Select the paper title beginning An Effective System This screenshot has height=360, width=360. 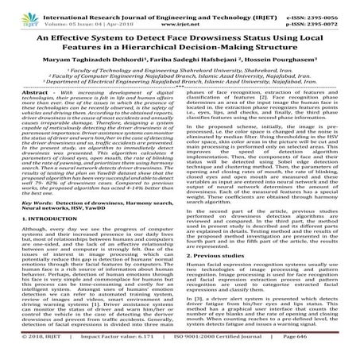180,45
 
